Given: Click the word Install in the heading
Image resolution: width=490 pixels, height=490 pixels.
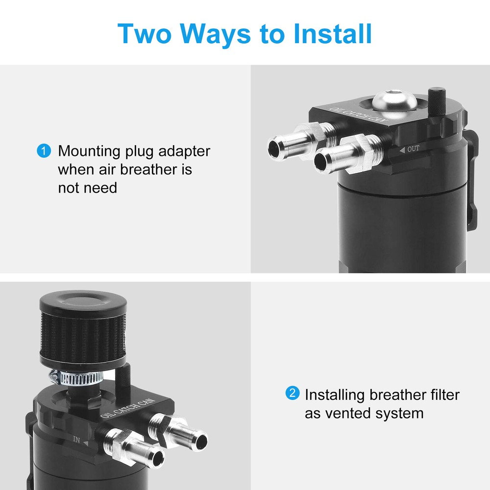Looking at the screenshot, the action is coord(333,33).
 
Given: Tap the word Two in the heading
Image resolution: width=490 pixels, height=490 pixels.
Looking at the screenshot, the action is coord(145,33).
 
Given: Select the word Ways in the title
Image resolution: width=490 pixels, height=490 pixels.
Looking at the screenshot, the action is coord(215,35).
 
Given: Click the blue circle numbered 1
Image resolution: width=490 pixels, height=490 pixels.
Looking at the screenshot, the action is coord(44,150).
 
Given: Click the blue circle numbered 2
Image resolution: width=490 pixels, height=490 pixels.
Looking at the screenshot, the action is coord(293,393).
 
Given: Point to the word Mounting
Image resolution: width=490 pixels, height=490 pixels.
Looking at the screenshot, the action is coord(89,151).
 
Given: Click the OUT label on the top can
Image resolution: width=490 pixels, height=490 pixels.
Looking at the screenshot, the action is coord(413,149).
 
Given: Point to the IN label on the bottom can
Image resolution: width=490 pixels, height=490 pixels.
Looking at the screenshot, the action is coord(76,440).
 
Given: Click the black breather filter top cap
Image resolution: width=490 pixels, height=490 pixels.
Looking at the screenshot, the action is coord(83,301).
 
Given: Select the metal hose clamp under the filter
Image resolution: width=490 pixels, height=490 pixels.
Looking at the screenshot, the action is coord(76,378).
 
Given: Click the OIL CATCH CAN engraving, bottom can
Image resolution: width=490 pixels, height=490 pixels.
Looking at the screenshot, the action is coord(127,408).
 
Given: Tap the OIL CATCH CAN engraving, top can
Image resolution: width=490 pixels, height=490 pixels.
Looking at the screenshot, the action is coord(359,115).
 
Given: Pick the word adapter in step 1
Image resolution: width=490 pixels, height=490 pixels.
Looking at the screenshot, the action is coord(184,151).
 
